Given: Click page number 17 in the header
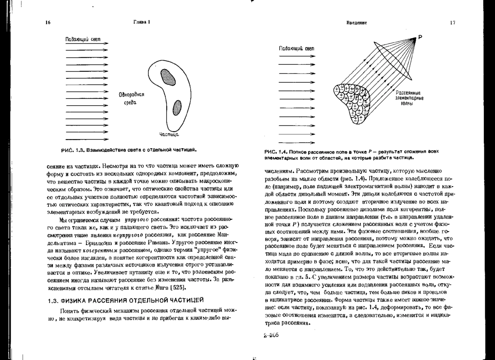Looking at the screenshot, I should point(453,23).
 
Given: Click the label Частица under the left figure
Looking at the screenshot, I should point(169,134).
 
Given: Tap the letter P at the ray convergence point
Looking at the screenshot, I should point(420,38).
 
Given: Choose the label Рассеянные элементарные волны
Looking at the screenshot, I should point(408,98).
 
